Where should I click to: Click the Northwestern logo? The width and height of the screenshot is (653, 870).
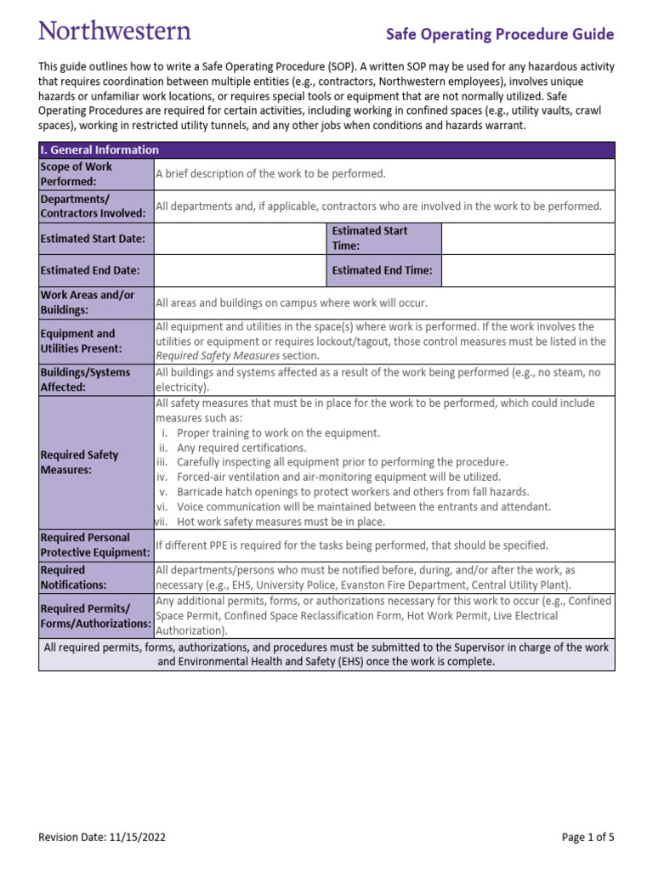115,31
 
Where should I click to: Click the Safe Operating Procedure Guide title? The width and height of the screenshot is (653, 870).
500,35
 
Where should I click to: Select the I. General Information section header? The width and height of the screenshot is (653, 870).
99,150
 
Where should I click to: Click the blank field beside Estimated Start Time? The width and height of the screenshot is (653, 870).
527,239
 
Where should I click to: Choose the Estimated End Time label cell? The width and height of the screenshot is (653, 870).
383,271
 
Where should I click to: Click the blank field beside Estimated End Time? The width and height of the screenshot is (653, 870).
527,271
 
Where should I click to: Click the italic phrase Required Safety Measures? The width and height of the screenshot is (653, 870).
217,356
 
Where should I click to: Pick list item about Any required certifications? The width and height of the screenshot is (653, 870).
241,448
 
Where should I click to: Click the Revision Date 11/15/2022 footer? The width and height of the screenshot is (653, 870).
102,838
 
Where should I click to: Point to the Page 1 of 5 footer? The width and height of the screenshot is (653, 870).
588,838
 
